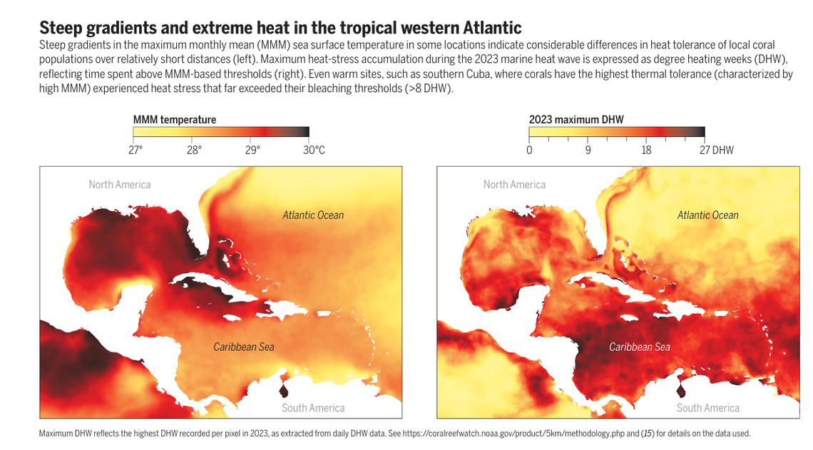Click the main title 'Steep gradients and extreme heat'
[x=280, y=28]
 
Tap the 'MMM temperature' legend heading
[x=174, y=119]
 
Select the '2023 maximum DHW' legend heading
[x=576, y=119]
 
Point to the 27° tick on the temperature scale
[x=135, y=150]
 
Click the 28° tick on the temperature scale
[x=194, y=150]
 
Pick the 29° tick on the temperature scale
[x=252, y=150]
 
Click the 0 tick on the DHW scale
[x=529, y=150]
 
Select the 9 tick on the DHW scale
[x=588, y=150]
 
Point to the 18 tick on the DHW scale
[x=646, y=150]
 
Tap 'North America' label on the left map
[x=120, y=185]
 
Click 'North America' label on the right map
[x=514, y=185]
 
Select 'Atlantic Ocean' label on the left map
[x=313, y=215]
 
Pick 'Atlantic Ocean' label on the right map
[x=707, y=215]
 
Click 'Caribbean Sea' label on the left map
[x=244, y=347]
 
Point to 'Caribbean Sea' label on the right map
[x=639, y=347]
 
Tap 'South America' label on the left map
[x=313, y=408]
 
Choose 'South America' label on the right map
[x=707, y=408]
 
